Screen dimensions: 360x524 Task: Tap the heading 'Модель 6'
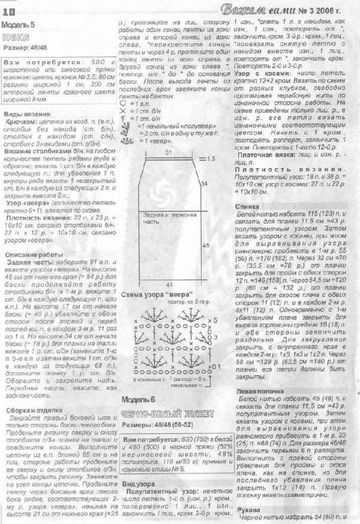click(139, 399)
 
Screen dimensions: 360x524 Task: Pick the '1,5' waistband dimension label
click(211, 160)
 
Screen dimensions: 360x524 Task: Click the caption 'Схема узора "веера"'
click(157, 295)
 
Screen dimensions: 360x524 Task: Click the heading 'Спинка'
click(248, 206)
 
